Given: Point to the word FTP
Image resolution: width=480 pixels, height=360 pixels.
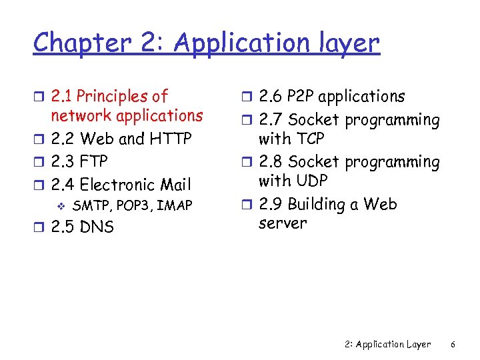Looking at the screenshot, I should click(93, 161).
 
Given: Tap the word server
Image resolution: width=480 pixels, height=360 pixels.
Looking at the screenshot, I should click(283, 223).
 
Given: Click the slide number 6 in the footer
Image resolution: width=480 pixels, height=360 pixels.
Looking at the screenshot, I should click(453, 345).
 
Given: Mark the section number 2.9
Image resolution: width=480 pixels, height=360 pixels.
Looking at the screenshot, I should click(270, 204).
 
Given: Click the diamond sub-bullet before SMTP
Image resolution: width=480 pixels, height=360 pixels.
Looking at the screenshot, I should click(61, 205).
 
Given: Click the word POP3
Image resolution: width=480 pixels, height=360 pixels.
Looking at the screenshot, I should click(134, 205).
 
